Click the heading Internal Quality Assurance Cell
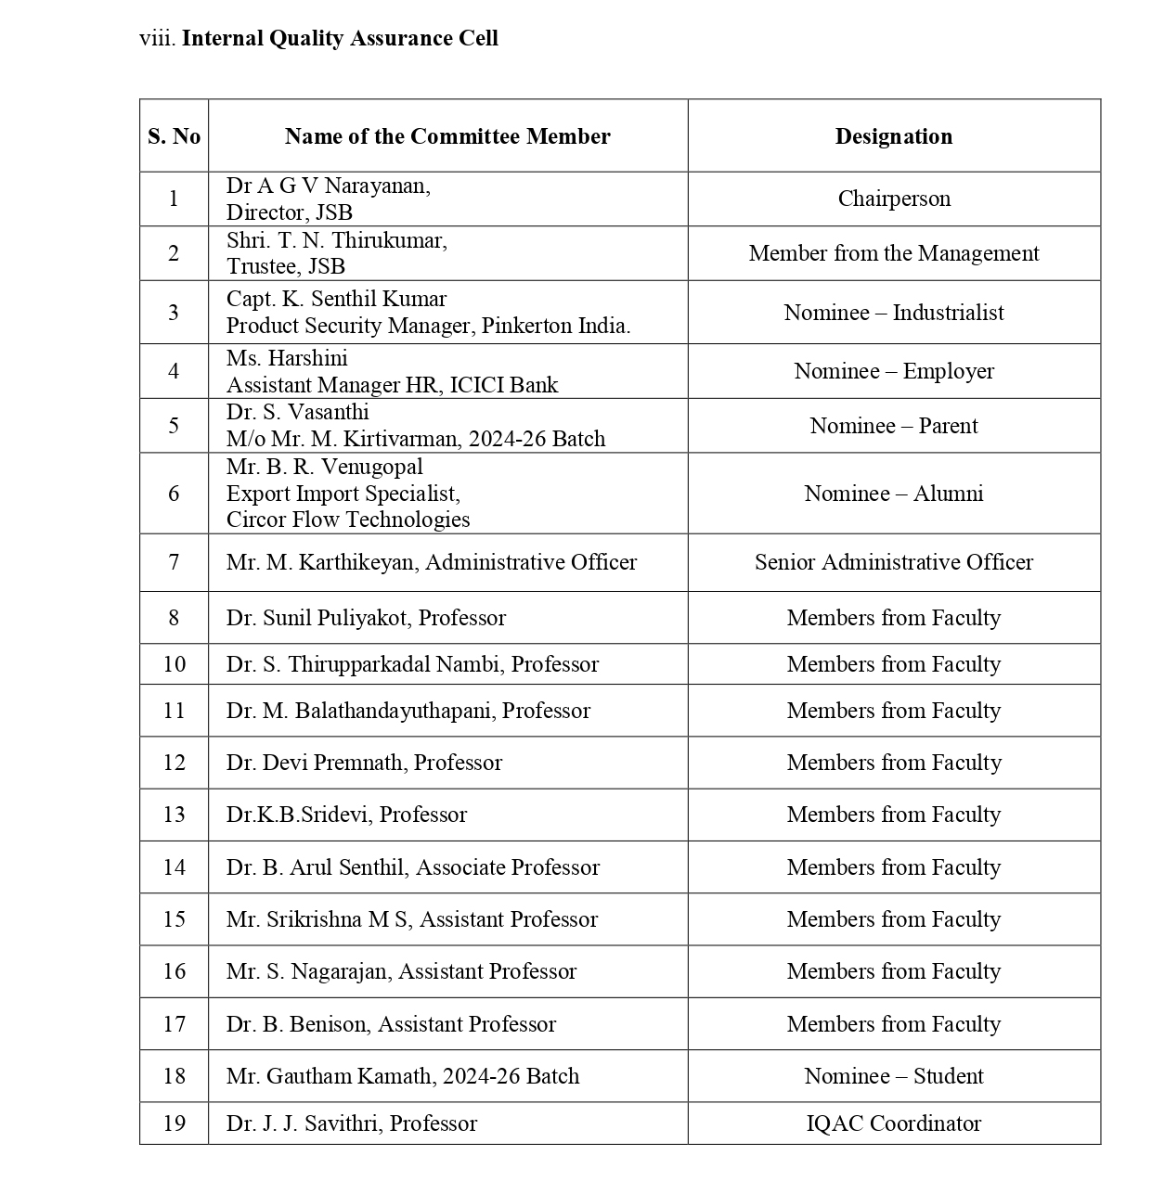click(x=340, y=38)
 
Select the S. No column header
click(x=174, y=136)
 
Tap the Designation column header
click(x=893, y=136)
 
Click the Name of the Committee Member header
click(x=447, y=136)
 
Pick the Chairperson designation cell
click(x=893, y=199)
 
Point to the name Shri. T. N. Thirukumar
click(x=336, y=240)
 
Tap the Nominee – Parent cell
click(x=893, y=426)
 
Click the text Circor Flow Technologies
click(x=348, y=520)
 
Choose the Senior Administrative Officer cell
click(x=893, y=562)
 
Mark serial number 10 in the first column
click(x=174, y=664)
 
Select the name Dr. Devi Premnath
click(x=315, y=763)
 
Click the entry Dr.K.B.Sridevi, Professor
click(x=346, y=815)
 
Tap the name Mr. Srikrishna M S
click(x=320, y=919)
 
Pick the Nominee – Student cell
click(x=893, y=1076)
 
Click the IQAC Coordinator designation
click(x=893, y=1123)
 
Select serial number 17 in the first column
click(x=174, y=1024)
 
